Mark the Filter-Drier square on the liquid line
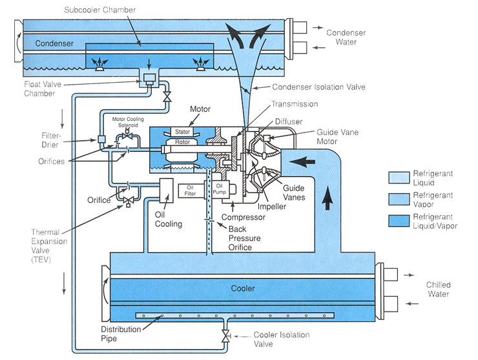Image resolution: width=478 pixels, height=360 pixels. click(x=101, y=140)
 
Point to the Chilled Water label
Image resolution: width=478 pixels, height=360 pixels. click(x=438, y=290)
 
